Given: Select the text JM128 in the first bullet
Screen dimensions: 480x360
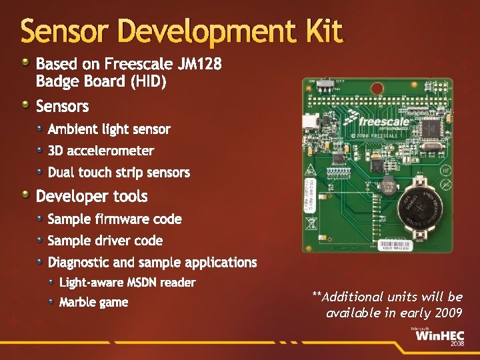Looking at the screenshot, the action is coord(199,65).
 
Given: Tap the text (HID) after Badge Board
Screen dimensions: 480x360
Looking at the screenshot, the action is coord(149,81).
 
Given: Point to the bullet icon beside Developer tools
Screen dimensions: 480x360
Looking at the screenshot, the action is coord(25,195).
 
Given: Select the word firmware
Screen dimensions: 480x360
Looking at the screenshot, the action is coord(114,219).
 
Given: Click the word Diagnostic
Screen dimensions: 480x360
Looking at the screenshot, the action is coord(80,263).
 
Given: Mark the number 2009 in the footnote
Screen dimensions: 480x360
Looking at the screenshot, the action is coord(445,313).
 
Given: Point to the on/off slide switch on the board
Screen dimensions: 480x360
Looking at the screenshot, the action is coord(326,85).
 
